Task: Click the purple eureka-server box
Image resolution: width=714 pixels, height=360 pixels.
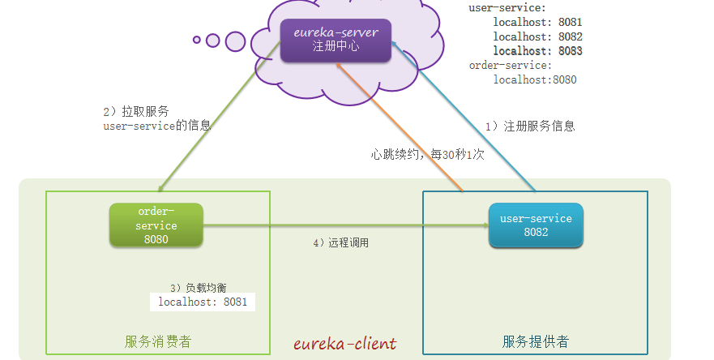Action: [x=336, y=40]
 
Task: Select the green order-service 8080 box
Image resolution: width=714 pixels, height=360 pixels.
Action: [x=156, y=225]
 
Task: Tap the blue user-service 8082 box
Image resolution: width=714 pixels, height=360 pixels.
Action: [x=536, y=225]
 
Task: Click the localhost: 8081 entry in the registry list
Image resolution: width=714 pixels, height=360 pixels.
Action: [x=537, y=23]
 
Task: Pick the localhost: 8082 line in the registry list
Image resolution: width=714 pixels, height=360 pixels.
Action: [x=537, y=37]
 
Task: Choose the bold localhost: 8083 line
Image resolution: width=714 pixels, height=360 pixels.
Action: [x=537, y=51]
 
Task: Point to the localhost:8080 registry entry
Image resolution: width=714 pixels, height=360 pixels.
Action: [x=534, y=80]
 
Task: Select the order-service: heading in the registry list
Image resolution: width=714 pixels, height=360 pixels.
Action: [x=510, y=66]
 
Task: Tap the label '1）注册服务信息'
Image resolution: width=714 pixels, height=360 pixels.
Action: [x=530, y=126]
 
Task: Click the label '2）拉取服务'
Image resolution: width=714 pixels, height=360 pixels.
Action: [x=136, y=111]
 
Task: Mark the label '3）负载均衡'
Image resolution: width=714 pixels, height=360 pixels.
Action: [x=199, y=287]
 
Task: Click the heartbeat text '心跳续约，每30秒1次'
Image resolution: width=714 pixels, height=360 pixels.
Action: [x=427, y=154]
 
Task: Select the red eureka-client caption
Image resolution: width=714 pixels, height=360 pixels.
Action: [x=345, y=342]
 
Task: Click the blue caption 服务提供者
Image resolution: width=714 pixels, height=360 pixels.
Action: [x=536, y=341]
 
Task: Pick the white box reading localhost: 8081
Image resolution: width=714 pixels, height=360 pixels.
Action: [x=202, y=302]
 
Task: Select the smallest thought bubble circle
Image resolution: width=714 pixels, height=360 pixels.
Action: [x=197, y=39]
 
